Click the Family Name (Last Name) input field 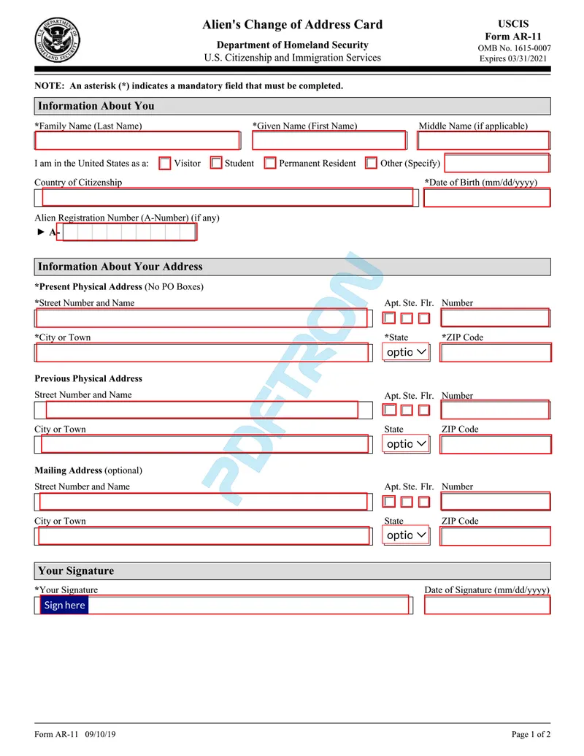tap(137, 140)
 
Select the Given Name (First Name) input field tap(328, 140)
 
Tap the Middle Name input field tap(483, 140)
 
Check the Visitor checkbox tap(165, 164)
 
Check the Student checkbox tap(216, 164)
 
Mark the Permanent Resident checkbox tap(270, 164)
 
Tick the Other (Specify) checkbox tap(372, 164)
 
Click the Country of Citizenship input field tap(227, 197)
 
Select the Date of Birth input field tap(487, 198)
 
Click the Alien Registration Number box tap(129, 232)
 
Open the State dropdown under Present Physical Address tap(407, 353)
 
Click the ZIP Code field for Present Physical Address tap(495, 353)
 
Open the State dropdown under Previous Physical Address tap(407, 444)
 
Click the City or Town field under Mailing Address tap(204, 536)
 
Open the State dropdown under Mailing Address tap(407, 535)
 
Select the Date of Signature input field tap(487, 606)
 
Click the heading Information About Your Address tap(120, 267)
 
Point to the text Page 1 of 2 tap(531, 735)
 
